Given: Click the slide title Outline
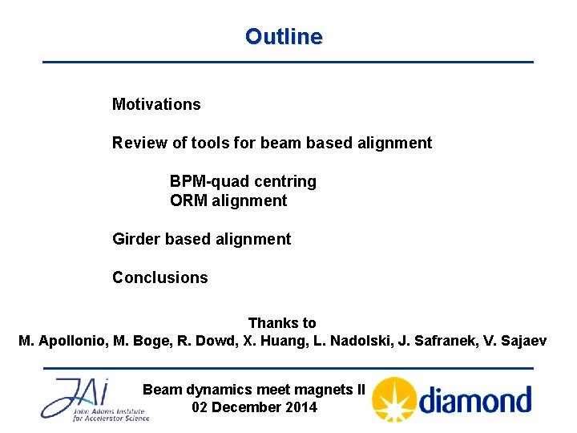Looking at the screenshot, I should coord(284,37).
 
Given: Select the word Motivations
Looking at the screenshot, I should coord(156,104).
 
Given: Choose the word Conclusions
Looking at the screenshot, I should coord(159,277).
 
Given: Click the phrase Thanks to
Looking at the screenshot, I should coord(282,323).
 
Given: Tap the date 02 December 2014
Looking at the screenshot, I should coord(255,407).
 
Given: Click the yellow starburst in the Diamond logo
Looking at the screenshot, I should coord(393,399).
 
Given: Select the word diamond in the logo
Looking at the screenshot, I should coord(475,399).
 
